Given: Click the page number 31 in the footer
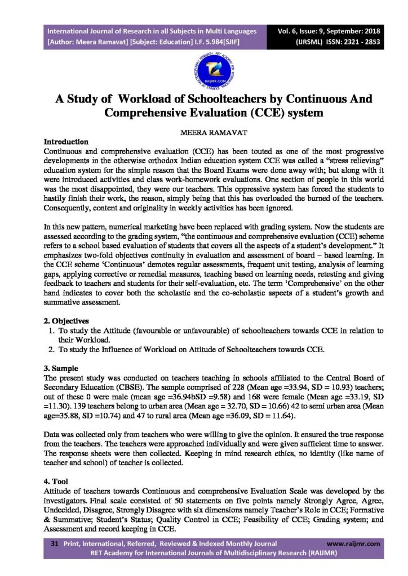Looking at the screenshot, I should [55, 544].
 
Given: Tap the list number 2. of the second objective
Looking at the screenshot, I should [51, 350].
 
